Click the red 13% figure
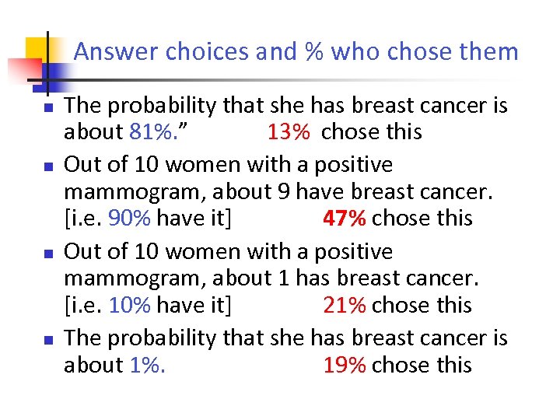(289, 132)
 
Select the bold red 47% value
(344, 219)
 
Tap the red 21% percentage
(344, 305)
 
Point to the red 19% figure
(344, 365)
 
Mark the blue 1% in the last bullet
(145, 365)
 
